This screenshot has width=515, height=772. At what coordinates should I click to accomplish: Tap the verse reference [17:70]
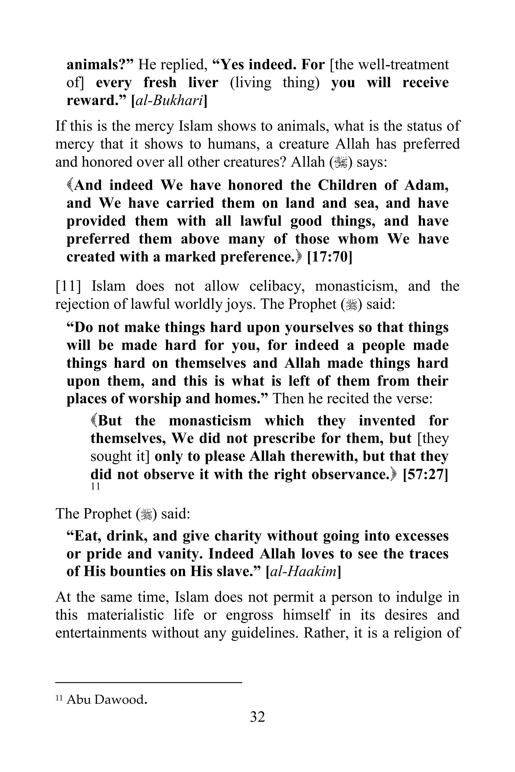coord(329,257)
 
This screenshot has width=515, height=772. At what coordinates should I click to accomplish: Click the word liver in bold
coord(203,82)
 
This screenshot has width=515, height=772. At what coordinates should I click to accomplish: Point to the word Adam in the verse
coord(426,185)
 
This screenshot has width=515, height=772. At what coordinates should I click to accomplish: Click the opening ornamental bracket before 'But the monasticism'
coord(94,421)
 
